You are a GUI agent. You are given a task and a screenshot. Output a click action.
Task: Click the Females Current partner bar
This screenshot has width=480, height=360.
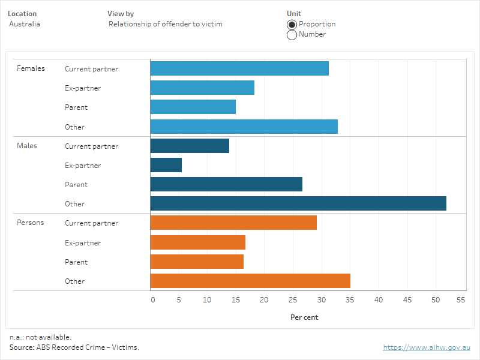click(239, 68)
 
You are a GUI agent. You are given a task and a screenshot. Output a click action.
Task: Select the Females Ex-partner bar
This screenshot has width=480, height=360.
click(202, 88)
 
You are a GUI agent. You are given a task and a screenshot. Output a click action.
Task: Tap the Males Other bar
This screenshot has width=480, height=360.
click(298, 203)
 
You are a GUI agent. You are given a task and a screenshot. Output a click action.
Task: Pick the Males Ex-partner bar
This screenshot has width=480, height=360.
click(166, 165)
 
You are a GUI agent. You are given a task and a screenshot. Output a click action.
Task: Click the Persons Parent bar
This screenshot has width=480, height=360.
click(197, 262)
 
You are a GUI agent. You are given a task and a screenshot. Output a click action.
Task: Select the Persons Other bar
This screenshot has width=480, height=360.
click(250, 281)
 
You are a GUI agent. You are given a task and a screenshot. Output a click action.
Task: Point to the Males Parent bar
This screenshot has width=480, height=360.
click(226, 184)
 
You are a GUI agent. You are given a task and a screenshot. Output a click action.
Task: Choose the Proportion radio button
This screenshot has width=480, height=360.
click(292, 24)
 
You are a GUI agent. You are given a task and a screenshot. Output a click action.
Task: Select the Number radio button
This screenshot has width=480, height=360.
click(292, 35)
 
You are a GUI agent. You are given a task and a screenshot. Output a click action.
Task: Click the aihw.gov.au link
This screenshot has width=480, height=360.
click(427, 347)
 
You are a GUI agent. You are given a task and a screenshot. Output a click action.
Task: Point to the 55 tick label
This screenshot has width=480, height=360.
click(461, 299)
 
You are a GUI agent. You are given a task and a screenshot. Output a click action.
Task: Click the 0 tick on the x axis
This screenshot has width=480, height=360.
click(153, 299)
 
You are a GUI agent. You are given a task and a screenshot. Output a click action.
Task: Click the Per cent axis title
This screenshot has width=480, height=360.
click(304, 317)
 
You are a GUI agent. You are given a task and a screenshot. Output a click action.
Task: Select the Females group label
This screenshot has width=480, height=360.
click(31, 68)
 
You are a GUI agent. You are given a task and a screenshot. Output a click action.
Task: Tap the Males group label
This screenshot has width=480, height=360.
click(27, 146)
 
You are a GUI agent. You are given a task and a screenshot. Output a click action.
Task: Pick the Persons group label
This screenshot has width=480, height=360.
click(31, 223)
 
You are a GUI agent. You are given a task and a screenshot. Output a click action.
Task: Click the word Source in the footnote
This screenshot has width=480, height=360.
click(22, 347)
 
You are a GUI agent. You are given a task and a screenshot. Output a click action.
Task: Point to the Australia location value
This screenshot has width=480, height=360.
click(25, 24)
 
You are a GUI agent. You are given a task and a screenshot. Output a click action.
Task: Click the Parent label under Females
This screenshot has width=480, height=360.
click(76, 107)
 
